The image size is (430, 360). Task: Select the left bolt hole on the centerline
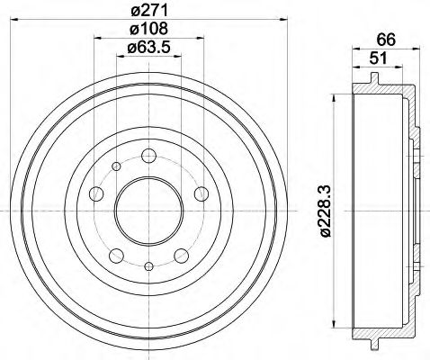96,194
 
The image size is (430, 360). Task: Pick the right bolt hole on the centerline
199,194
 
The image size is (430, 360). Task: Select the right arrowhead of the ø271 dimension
267,22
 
